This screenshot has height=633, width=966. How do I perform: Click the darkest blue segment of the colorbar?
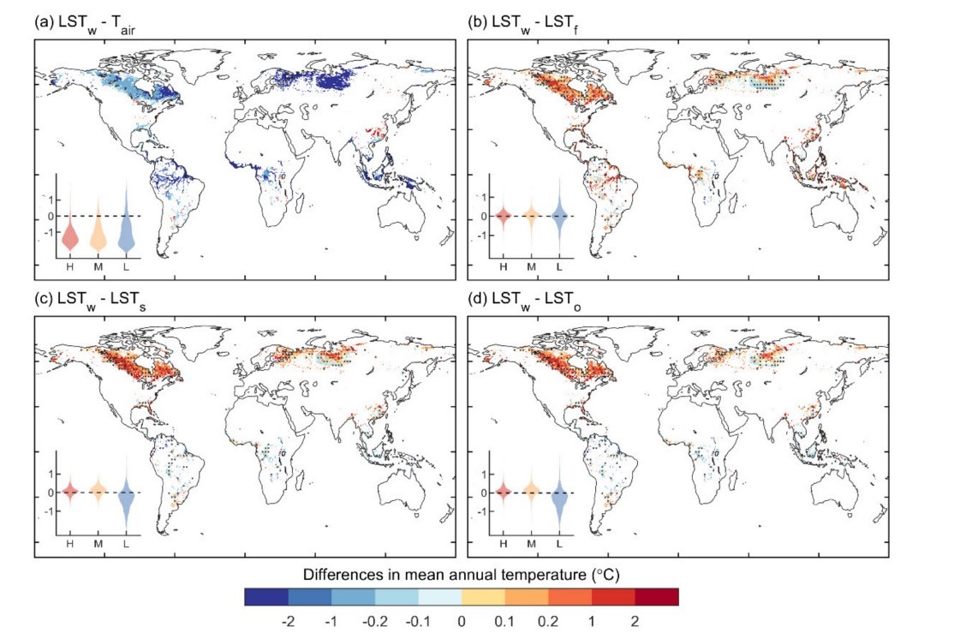click(265, 596)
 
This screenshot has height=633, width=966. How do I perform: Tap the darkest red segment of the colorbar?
click(657, 596)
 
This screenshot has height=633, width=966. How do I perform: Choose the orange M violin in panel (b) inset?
click(531, 215)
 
